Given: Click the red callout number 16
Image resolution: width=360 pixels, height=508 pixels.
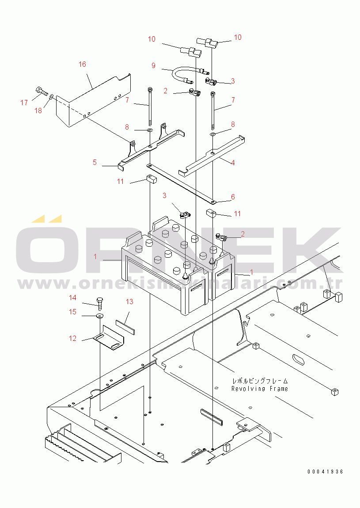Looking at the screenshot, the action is (82, 64).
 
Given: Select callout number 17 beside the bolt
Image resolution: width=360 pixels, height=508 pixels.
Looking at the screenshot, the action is (24, 103).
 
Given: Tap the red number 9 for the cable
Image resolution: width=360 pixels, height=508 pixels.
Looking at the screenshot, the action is (153, 65).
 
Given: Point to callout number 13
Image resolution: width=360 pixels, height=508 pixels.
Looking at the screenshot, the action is (129, 302).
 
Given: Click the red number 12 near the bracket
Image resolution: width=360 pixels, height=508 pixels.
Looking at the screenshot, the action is (72, 338).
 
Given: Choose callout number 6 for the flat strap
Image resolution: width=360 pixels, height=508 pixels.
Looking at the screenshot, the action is (233, 197).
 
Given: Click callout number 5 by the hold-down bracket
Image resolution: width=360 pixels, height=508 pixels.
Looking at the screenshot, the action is (95, 162).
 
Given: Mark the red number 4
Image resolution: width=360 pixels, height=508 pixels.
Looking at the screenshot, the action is (232, 163).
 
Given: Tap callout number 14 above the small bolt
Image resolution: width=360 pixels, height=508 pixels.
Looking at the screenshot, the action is (72, 298).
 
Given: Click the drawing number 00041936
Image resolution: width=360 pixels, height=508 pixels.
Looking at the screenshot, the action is (325, 472).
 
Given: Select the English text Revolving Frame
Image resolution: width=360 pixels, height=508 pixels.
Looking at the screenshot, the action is (260, 389).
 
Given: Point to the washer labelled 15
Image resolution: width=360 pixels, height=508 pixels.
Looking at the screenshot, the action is (100, 316).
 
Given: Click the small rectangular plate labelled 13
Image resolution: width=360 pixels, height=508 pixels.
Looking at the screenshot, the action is (125, 327).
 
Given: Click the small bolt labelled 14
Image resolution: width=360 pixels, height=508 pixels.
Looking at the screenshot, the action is (99, 303).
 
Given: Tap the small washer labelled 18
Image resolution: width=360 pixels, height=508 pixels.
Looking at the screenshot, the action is (52, 96).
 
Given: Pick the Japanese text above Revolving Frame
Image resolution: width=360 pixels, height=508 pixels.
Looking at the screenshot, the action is (260, 381).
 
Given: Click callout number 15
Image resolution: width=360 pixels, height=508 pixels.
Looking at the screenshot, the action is (72, 312).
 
